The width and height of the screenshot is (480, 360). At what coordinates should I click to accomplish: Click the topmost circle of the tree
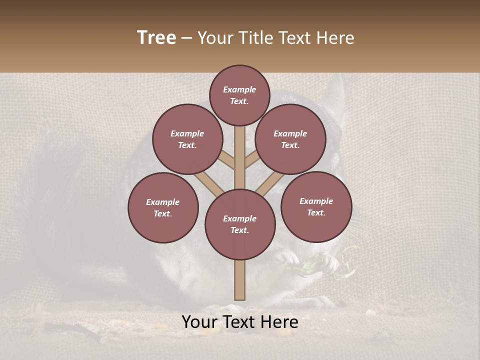pyautogui.click(x=239, y=95)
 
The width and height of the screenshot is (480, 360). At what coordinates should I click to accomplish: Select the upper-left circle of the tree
pyautogui.click(x=187, y=139)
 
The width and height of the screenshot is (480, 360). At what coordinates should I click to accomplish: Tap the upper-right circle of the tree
pyautogui.click(x=290, y=139)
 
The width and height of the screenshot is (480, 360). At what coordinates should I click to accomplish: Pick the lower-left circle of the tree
pyautogui.click(x=163, y=207)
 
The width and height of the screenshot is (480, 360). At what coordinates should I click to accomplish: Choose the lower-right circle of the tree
pyautogui.click(x=316, y=206)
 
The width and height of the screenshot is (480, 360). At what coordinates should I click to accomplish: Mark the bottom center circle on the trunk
pyautogui.click(x=240, y=224)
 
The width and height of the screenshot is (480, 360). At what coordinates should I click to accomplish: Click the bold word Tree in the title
pyautogui.click(x=156, y=37)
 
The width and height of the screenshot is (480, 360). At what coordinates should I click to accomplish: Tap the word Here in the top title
pyautogui.click(x=336, y=38)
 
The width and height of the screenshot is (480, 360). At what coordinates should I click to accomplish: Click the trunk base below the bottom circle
pyautogui.click(x=240, y=280)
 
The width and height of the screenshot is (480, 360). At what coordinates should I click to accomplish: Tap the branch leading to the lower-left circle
pyautogui.click(x=209, y=184)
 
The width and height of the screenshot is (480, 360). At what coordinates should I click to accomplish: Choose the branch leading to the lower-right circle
pyautogui.click(x=270, y=184)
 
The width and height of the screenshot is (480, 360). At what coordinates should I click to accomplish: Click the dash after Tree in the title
pyautogui.click(x=186, y=38)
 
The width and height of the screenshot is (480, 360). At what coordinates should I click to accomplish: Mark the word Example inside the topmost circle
pyautogui.click(x=239, y=89)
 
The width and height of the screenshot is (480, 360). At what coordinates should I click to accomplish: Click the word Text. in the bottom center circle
pyautogui.click(x=239, y=230)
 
